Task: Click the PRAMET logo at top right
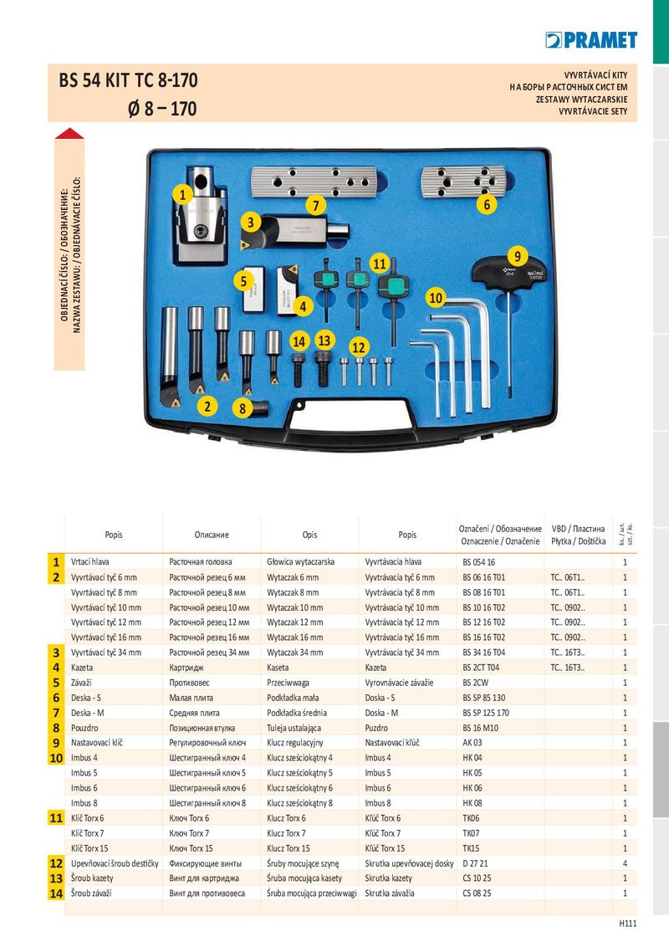[591, 40]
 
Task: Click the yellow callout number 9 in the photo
[518, 255]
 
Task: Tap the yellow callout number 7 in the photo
[315, 205]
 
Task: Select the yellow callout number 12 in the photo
[359, 347]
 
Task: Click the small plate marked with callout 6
[462, 182]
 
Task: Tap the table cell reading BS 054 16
[479, 562]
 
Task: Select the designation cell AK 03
[472, 743]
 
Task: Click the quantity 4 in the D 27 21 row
[625, 863]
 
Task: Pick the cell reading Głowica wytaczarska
[301, 562]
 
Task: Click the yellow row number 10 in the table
[56, 758]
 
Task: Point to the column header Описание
[212, 535]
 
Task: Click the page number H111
[628, 924]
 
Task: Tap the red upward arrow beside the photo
[69, 134]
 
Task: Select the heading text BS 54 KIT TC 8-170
[128, 80]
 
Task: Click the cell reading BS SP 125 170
[486, 713]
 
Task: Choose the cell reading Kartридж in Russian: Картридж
[186, 668]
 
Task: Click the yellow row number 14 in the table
[56, 893]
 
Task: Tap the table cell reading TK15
[471, 848]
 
